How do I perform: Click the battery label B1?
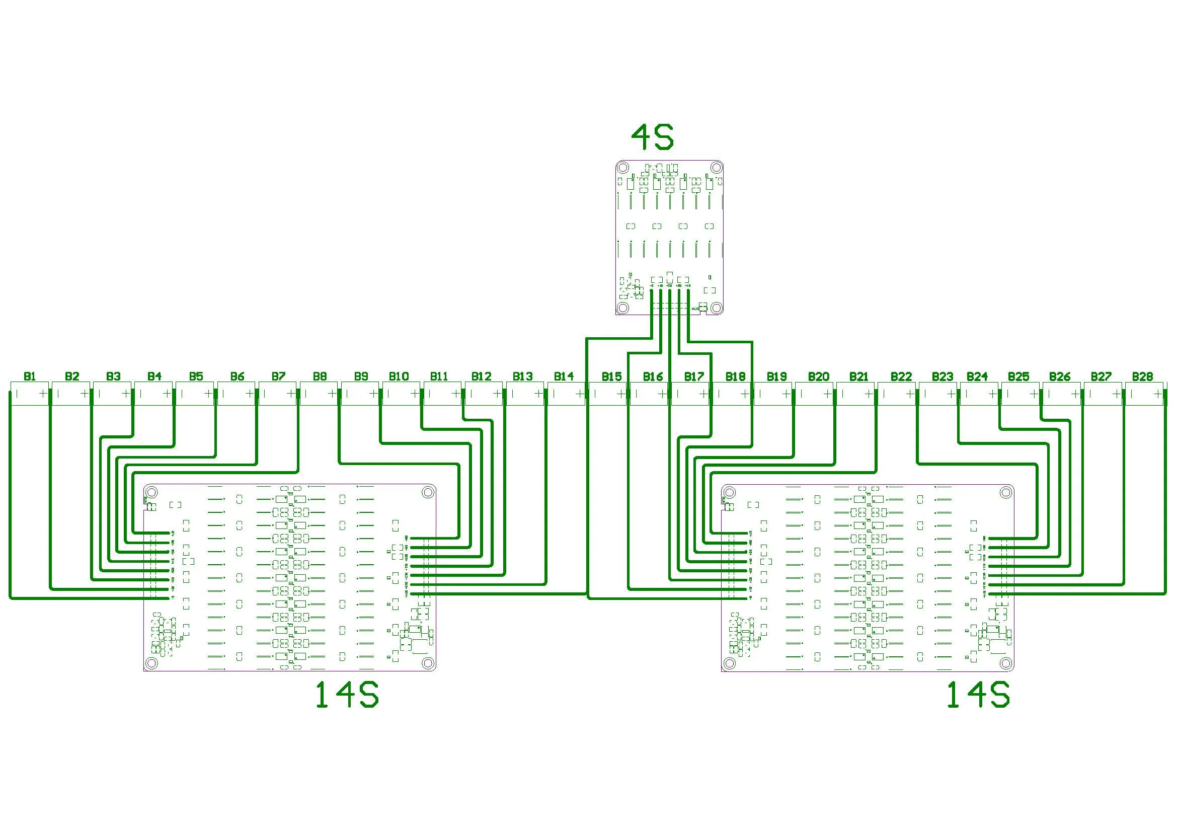pyautogui.click(x=30, y=376)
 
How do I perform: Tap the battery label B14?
pyautogui.click(x=564, y=376)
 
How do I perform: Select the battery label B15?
pyautogui.click(x=611, y=376)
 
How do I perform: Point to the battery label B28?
pyautogui.click(x=1142, y=376)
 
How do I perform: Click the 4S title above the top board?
pyautogui.click(x=652, y=137)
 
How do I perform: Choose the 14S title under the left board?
pyautogui.click(x=347, y=696)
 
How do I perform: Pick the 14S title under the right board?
pyautogui.click(x=978, y=696)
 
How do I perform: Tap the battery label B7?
pyautogui.click(x=278, y=376)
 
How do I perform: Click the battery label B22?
pyautogui.click(x=901, y=376)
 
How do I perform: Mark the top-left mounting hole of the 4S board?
pyautogui.click(x=622, y=167)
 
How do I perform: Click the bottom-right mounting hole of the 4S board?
pyautogui.click(x=716, y=307)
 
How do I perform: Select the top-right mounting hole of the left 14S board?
pyautogui.click(x=427, y=493)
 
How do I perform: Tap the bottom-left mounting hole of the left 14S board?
pyautogui.click(x=151, y=663)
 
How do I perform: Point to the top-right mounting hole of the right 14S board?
pyautogui.click(x=1005, y=493)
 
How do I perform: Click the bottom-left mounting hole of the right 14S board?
pyautogui.click(x=730, y=663)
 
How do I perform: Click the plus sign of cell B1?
pyautogui.click(x=43, y=394)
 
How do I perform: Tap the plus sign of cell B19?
pyautogui.click(x=787, y=394)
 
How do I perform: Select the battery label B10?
pyautogui.click(x=399, y=376)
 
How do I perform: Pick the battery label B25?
pyautogui.click(x=1018, y=376)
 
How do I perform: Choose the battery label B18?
pyautogui.click(x=735, y=376)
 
